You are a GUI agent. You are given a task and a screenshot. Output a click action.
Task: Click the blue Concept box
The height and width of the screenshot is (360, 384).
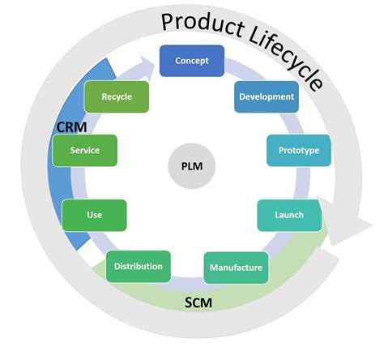[191, 61]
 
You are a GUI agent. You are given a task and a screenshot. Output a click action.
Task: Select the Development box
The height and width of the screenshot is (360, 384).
[266, 96]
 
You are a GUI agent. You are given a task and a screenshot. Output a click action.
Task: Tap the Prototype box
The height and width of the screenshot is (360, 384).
[298, 150]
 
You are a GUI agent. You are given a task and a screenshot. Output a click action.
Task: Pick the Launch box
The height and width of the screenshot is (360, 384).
[289, 216]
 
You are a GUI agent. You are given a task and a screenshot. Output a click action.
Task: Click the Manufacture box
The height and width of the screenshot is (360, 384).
[236, 268]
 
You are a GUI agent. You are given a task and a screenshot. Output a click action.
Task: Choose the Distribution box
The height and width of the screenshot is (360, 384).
[138, 266]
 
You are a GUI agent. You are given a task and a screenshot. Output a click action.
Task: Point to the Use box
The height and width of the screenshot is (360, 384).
[94, 215]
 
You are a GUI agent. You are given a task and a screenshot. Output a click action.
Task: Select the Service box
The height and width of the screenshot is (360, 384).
[84, 150]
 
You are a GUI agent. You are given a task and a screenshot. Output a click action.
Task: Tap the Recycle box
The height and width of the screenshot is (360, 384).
[117, 96]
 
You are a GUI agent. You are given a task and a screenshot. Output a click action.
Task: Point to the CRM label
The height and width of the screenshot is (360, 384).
[71, 127]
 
